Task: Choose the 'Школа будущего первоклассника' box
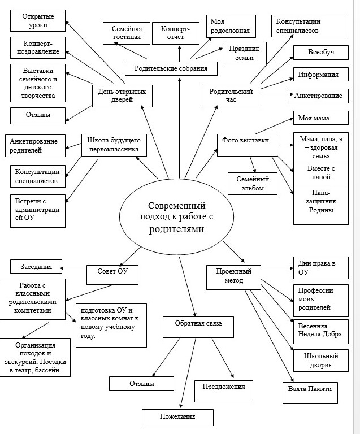pyautogui.click(x=115, y=145)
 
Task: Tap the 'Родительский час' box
pyautogui.click(x=231, y=96)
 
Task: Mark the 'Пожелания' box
pyautogui.click(x=177, y=417)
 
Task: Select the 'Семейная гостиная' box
pyautogui.click(x=126, y=33)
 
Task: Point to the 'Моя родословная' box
pyautogui.click(x=230, y=26)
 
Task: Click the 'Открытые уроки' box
pyautogui.click(x=38, y=21)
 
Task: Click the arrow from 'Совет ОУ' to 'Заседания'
pyautogui.click(x=73, y=267)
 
